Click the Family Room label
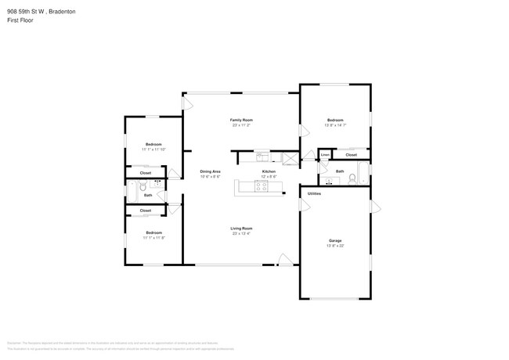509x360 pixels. click(241, 120)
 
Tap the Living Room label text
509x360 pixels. click(241, 229)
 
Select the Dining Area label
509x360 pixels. click(209, 171)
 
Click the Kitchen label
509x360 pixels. click(268, 171)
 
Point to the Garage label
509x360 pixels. click(335, 240)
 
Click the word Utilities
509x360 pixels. click(314, 193)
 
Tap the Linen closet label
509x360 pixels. click(324, 155)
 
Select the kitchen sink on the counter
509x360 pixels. click(262, 156)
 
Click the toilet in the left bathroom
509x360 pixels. click(142, 188)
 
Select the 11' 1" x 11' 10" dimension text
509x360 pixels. click(153, 149)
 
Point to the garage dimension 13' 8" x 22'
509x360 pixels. click(335, 246)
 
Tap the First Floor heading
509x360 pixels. click(21, 20)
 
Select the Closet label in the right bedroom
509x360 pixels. click(351, 155)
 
